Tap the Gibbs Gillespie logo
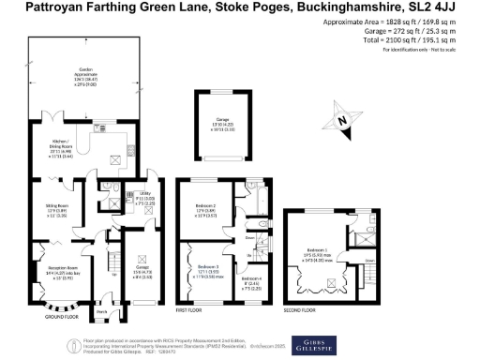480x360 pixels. (x=314, y=341)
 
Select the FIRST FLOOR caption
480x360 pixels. (x=190, y=307)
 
